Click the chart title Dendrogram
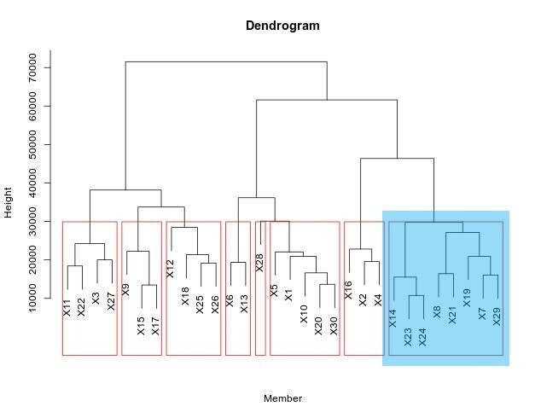click(282, 26)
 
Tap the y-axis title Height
click(9, 203)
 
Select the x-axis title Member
click(282, 398)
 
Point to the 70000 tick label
click(33, 67)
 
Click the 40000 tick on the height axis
click(33, 183)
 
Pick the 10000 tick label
click(33, 299)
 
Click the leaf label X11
click(67, 308)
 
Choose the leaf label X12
click(170, 268)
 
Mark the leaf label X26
click(216, 305)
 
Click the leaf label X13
click(245, 303)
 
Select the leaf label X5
click(274, 290)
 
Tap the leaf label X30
click(334, 325)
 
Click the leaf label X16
click(348, 289)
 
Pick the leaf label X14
click(393, 318)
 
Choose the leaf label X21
click(452, 315)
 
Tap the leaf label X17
click(155, 325)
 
